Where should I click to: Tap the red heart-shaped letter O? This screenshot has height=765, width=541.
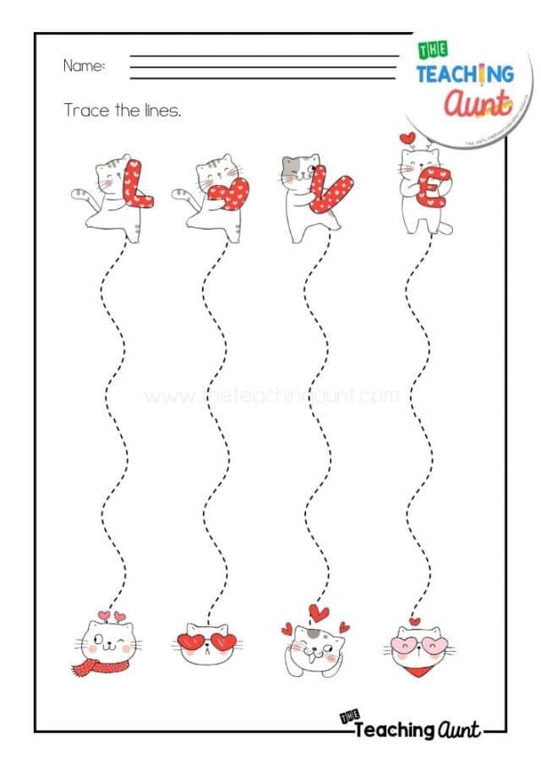(230, 194)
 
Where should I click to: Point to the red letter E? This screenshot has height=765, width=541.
(429, 187)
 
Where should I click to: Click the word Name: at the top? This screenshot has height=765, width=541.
(85, 66)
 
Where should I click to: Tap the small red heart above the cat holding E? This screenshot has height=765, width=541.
(409, 137)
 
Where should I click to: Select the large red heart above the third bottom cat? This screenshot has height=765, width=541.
(319, 611)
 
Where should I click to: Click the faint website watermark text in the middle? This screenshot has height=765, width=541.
(270, 396)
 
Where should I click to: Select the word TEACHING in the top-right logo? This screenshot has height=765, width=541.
(464, 74)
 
